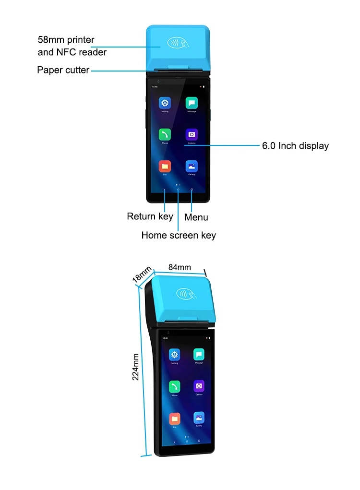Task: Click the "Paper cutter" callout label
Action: (63, 70)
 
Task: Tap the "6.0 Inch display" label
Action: (295, 146)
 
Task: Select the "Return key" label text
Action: (150, 216)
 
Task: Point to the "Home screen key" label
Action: (179, 235)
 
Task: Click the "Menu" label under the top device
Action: (196, 217)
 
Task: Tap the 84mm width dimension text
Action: (180, 267)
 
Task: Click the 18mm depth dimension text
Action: (143, 275)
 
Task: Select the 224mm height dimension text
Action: (136, 367)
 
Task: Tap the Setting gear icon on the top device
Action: (165, 103)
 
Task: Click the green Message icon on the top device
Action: (192, 103)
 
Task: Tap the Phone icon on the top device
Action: (165, 134)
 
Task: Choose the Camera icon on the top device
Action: (192, 134)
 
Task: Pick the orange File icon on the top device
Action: (165, 166)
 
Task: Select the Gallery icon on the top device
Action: (192, 166)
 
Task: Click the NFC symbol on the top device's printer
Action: (178, 43)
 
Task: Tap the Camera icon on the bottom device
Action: (199, 386)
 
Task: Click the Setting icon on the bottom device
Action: (174, 355)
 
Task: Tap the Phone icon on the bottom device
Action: (174, 386)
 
